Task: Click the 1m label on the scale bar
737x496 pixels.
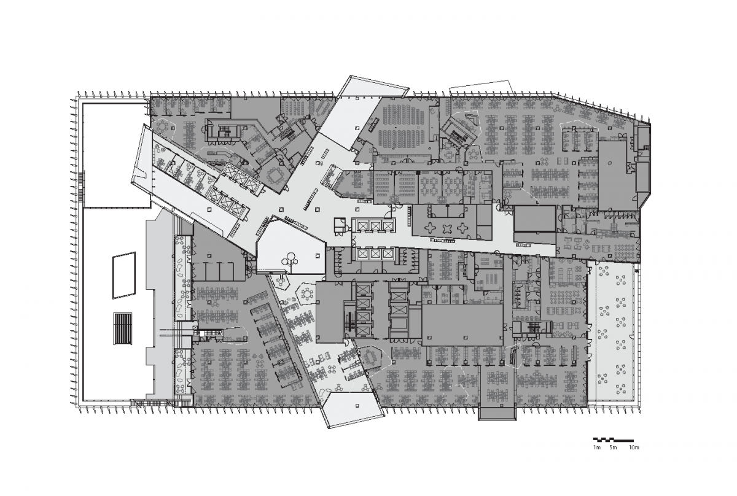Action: pyautogui.click(x=597, y=448)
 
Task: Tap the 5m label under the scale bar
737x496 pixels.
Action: pyautogui.click(x=613, y=448)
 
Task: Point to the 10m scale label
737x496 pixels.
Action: pyautogui.click(x=634, y=448)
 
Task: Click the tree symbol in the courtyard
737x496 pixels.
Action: pyautogui.click(x=290, y=261)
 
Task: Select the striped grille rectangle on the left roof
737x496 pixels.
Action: pyautogui.click(x=123, y=328)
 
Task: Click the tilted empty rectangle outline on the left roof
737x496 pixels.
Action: pyautogui.click(x=124, y=275)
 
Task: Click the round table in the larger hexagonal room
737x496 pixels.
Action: pyautogui.click(x=307, y=293)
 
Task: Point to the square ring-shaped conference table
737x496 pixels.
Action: pyautogui.click(x=275, y=175)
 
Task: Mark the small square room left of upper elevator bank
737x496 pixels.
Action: pyautogui.click(x=340, y=225)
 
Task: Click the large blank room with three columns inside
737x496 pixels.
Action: pyautogui.click(x=462, y=325)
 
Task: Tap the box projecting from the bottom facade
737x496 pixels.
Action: pyautogui.click(x=497, y=414)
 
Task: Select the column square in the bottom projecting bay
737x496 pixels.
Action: pyautogui.click(x=357, y=406)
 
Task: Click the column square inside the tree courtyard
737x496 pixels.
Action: pyautogui.click(x=317, y=255)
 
